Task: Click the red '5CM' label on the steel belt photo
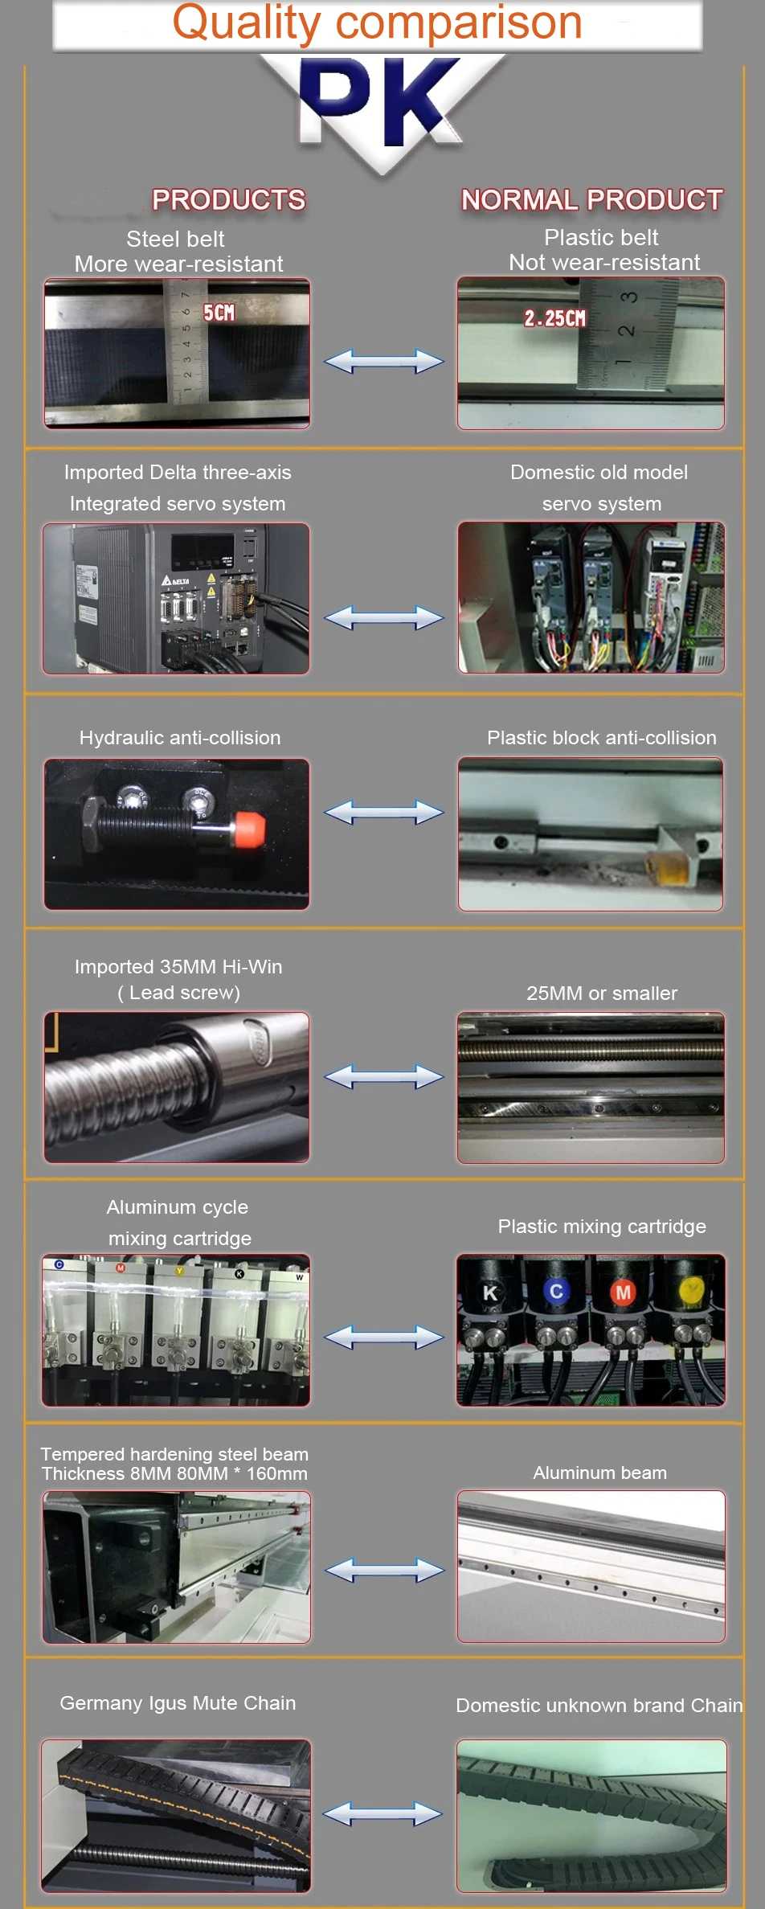[219, 313]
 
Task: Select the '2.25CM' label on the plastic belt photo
[554, 318]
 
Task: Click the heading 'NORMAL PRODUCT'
[591, 200]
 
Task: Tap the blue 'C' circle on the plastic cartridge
[555, 1291]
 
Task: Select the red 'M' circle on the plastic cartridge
[623, 1292]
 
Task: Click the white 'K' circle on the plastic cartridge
[490, 1292]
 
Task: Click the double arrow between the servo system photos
[383, 618]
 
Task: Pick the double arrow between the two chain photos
[382, 1813]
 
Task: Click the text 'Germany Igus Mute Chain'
[178, 1703]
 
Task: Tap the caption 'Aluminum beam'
[599, 1473]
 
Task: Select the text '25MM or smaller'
[601, 993]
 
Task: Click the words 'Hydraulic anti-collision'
[180, 738]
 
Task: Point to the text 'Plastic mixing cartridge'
[601, 1227]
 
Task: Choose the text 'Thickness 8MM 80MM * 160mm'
[174, 1473]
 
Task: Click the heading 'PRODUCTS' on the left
[228, 200]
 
